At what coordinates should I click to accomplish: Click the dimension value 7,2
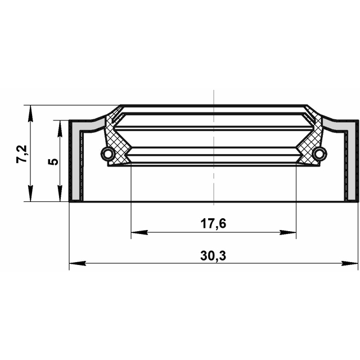[22, 154]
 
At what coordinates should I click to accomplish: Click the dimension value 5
[53, 161]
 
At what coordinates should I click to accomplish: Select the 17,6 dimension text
[213, 224]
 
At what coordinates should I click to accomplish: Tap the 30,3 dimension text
[213, 256]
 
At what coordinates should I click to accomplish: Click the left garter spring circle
[107, 154]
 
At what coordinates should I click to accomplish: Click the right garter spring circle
[320, 154]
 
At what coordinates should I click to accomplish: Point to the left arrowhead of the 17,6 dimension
[139, 232]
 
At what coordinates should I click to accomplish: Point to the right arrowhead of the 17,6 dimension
[288, 232]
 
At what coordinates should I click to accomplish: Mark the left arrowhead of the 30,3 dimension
[78, 263]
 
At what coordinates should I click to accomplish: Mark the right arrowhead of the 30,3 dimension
[349, 263]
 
